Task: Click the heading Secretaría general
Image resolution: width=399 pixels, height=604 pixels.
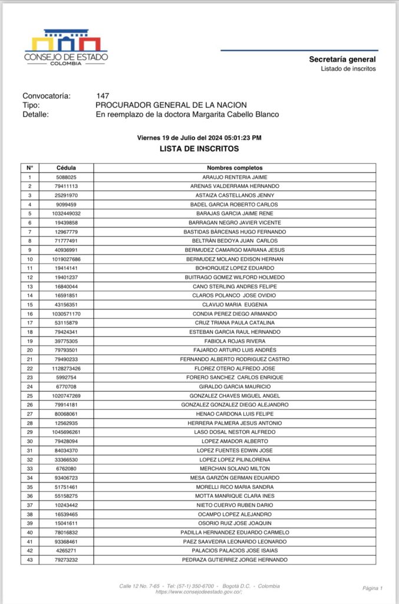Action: [342, 59]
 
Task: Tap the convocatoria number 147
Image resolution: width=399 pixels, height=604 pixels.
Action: [103, 96]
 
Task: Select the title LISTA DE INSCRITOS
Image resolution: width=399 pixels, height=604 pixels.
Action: [199, 149]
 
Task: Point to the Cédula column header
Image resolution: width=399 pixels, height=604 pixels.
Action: [66, 168]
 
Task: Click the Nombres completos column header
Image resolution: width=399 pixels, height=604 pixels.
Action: [235, 168]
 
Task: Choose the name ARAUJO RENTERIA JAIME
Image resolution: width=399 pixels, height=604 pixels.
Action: [235, 177]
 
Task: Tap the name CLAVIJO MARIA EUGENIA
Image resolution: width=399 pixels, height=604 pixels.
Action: [235, 304]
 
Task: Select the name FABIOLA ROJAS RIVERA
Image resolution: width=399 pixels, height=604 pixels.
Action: [235, 341]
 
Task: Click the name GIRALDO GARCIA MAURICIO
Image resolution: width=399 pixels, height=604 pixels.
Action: [235, 386]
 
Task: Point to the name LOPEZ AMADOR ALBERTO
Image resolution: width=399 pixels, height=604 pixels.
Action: [235, 441]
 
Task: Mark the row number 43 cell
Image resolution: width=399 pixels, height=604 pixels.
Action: [29, 560]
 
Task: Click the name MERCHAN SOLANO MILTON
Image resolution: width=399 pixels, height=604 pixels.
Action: [235, 468]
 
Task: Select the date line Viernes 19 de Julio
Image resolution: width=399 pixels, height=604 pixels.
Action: [199, 137]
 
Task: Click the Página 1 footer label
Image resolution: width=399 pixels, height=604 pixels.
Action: [372, 588]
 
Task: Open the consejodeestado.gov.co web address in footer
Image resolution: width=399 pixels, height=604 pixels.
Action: [199, 592]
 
